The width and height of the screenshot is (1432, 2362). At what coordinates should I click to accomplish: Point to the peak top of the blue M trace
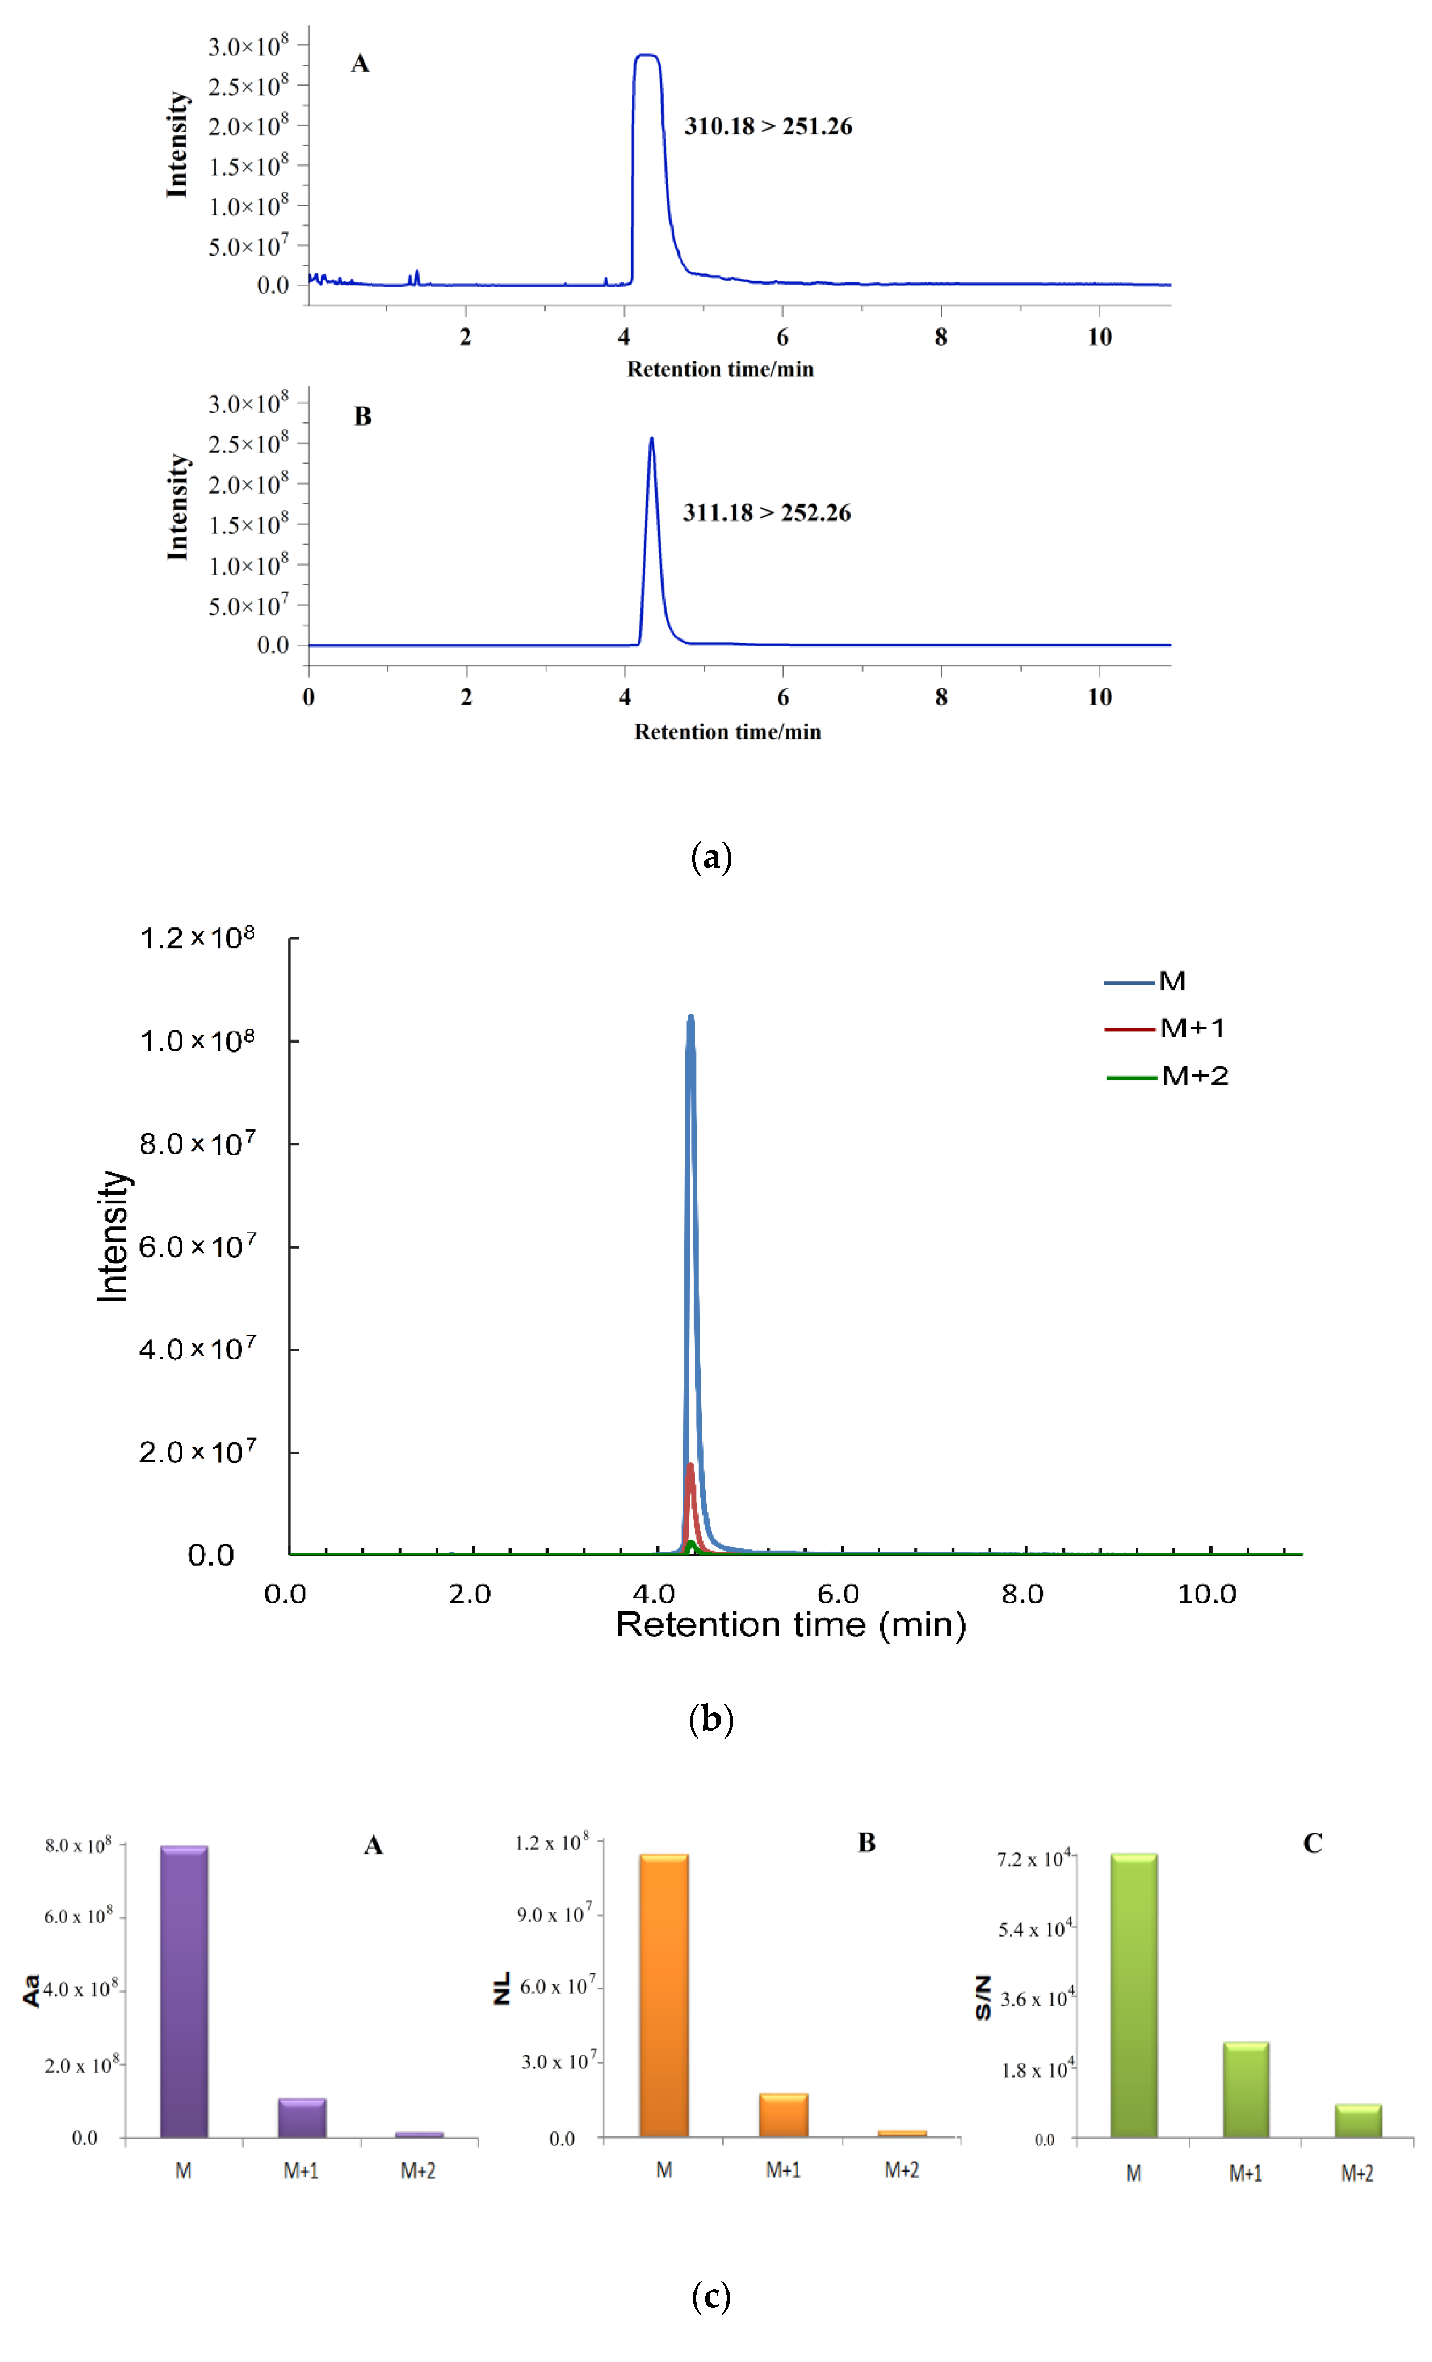[x=690, y=1018]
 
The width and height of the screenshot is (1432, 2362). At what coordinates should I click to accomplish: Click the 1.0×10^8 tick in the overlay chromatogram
[x=197, y=1040]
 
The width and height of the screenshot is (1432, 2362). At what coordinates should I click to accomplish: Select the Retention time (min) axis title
[x=791, y=1624]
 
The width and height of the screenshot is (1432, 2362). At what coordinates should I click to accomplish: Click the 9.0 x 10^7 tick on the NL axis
[x=555, y=1914]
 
